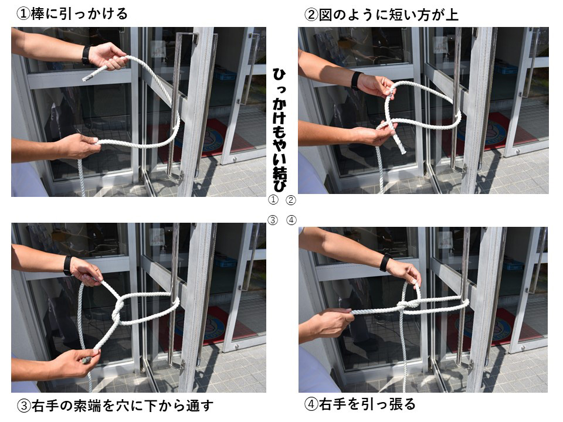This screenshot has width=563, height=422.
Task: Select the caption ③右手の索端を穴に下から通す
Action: (115, 405)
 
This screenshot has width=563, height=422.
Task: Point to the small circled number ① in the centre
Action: (273, 200)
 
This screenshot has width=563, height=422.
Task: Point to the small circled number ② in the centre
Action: (291, 200)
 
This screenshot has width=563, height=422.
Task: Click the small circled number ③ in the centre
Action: (273, 220)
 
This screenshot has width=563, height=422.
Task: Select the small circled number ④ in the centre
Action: (291, 220)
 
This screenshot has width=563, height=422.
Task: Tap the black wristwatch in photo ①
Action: (87, 55)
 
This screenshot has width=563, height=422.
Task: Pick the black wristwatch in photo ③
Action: (69, 266)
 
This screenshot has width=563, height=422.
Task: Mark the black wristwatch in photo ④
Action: (385, 263)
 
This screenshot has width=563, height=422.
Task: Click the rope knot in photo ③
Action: (118, 308)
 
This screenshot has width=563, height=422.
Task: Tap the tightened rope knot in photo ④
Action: (405, 307)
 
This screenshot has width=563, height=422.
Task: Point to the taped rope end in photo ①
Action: (87, 76)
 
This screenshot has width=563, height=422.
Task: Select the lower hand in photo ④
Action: (332, 324)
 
